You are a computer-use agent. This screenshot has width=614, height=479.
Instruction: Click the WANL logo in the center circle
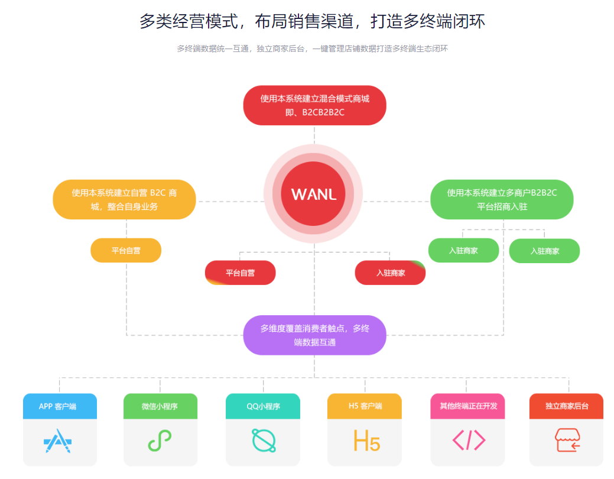coord(314,195)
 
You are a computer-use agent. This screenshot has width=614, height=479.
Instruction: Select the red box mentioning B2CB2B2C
coord(314,105)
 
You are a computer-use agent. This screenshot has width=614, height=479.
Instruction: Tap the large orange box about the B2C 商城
coord(124,199)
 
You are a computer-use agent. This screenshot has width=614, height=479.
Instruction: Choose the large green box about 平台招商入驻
coord(502,199)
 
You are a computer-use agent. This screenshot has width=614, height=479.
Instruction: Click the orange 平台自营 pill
coord(126,251)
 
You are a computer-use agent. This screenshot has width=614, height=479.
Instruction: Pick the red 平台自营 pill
coord(240,273)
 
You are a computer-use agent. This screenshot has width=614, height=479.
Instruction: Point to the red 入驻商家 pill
coord(390,273)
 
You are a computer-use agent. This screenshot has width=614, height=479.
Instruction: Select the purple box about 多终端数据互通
coord(314,335)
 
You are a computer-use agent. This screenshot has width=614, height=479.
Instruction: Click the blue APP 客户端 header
coord(60,406)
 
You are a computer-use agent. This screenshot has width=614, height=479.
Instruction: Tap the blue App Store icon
coord(57,441)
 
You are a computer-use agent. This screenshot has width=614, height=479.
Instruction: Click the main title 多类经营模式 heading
coord(313,21)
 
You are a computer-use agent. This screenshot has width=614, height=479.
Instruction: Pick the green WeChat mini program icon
coord(160,441)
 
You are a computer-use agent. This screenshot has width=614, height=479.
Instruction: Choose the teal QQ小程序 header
coord(263,406)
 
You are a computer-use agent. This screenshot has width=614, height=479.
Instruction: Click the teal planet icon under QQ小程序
coord(264,441)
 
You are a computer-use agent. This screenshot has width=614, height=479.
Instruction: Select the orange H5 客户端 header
coord(365,406)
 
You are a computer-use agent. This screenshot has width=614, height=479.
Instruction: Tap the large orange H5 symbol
coord(366,441)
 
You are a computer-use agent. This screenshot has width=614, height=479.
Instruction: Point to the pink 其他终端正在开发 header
coord(467,406)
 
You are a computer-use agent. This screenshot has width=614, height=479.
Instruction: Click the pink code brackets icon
coord(469,440)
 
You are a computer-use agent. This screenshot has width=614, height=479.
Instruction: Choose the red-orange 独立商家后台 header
coord(566,406)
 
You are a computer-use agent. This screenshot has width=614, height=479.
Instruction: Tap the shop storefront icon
coord(567,440)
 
